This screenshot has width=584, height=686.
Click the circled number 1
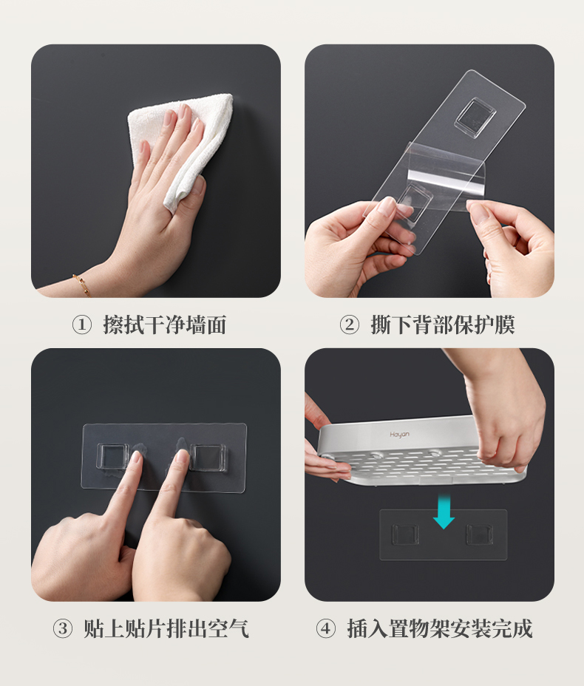coord(81,325)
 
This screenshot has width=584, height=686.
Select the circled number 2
coord(349,325)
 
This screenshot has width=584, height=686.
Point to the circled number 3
coord(63,628)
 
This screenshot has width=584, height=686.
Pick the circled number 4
coord(326,628)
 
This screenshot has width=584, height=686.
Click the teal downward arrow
coord(444,511)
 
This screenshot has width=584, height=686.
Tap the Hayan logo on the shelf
coord(399,435)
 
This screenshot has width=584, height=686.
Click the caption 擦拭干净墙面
coord(165,325)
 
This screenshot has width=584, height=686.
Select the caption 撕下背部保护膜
coord(443,325)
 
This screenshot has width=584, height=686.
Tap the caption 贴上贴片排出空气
coord(166,628)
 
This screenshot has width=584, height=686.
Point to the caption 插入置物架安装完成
coord(440,628)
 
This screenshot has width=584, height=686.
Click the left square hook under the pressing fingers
coord(113,457)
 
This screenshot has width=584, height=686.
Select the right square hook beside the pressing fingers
coord(208,458)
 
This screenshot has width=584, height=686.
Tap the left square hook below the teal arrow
coord(405,534)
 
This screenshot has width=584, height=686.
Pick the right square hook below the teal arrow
coord(480,534)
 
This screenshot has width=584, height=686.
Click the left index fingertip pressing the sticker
coord(137,458)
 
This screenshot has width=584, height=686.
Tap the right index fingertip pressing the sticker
coord(183,456)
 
